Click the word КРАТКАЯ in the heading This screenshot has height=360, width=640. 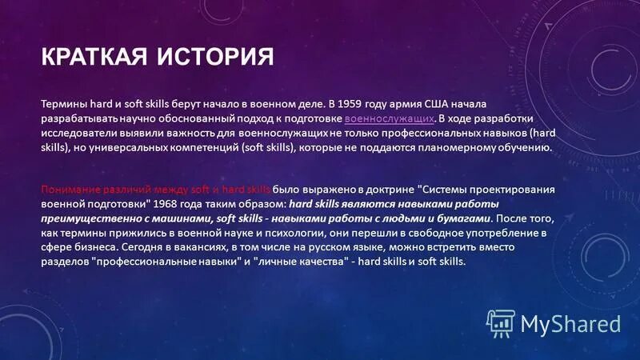86,58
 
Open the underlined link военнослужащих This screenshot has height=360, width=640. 390,118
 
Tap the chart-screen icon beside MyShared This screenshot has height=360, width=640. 502,323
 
